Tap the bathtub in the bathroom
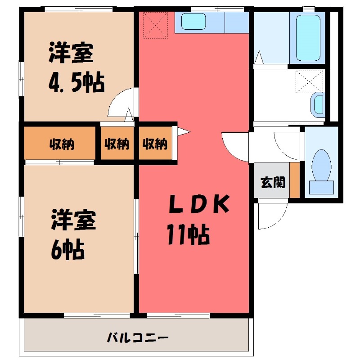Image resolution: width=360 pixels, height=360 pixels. coord(307,38)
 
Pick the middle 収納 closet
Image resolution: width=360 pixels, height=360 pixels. coord(117,144)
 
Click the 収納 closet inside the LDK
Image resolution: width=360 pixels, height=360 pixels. coord(155,144)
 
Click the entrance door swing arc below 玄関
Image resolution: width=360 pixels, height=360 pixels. coord(272,215)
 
